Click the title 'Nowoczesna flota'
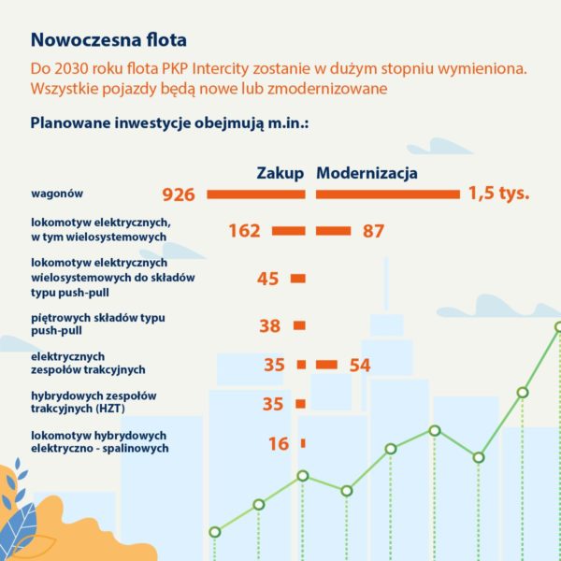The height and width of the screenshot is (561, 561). tap(108, 40)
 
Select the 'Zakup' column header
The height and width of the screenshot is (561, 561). tap(280, 173)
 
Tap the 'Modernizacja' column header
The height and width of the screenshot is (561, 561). tap(367, 173)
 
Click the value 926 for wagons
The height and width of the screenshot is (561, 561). tap(178, 194)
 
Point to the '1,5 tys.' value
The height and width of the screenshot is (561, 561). tap(499, 194)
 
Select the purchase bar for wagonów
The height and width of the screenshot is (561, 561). tap(255, 194)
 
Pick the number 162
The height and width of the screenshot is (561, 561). tap(244, 231)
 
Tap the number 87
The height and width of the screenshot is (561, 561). tap(373, 231)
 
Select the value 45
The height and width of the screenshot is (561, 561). tap(268, 279)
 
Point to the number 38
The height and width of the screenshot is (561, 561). tap(269, 325)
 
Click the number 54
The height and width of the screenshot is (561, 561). tap(360, 366)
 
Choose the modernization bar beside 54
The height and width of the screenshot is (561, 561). tap(326, 365)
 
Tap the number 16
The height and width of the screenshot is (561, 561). tap(279, 444)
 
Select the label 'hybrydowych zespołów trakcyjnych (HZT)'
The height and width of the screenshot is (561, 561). tap(93, 402)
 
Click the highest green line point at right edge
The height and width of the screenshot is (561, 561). tap(558, 327)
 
